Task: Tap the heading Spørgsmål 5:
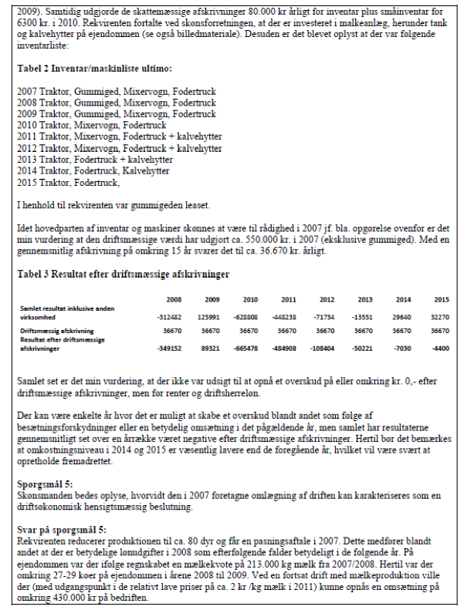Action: [45, 484]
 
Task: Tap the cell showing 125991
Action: [211, 315]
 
